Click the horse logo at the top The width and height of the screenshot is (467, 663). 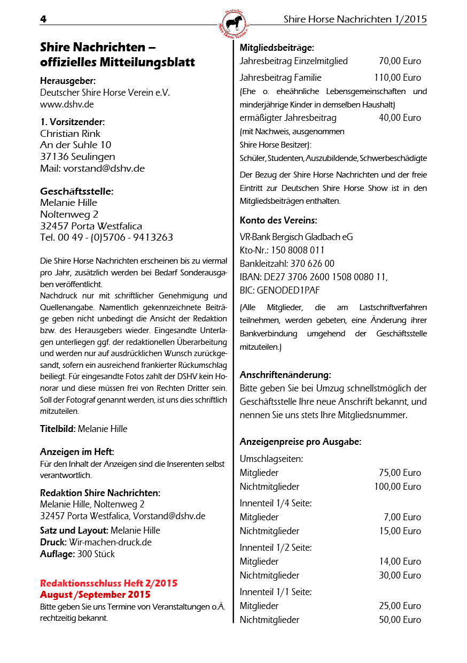(x=233, y=23)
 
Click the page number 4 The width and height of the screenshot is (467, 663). (x=43, y=19)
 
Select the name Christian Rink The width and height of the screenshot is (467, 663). (x=70, y=134)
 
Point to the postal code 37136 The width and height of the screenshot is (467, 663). (x=55, y=157)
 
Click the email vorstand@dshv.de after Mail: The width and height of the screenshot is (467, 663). (x=104, y=168)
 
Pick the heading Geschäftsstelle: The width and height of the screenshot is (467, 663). (x=76, y=191)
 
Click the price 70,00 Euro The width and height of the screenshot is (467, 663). (x=400, y=61)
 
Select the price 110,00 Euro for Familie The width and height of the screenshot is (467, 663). (x=397, y=78)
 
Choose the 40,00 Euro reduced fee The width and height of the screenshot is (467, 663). (x=400, y=118)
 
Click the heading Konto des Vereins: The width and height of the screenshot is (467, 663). (x=278, y=220)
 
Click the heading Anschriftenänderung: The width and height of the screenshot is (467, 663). (x=285, y=375)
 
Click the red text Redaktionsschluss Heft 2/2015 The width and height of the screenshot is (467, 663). (x=108, y=583)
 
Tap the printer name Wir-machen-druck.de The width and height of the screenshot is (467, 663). (x=110, y=542)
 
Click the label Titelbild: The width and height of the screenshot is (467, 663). (x=58, y=429)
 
